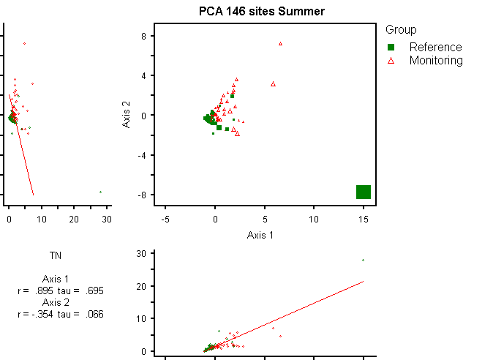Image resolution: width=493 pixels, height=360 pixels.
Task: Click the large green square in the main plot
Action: (364, 192)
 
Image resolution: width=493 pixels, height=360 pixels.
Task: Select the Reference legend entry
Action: (435, 47)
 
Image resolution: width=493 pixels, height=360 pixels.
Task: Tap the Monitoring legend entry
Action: (436, 61)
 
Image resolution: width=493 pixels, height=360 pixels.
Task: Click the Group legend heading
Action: (401, 30)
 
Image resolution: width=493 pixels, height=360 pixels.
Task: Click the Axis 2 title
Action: (126, 115)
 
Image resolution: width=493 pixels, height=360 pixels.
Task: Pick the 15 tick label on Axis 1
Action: (364, 219)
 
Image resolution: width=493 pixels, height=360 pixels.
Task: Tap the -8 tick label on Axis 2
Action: (143, 195)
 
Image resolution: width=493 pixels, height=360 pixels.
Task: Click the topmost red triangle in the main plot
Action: (280, 44)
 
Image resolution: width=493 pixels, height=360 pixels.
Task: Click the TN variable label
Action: (56, 255)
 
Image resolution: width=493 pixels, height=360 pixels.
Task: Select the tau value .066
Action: (93, 314)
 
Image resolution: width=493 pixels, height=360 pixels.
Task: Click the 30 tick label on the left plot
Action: (107, 219)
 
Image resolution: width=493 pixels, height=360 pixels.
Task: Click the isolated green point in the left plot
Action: (100, 192)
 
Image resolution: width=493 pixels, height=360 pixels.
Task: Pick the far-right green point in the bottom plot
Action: (363, 260)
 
